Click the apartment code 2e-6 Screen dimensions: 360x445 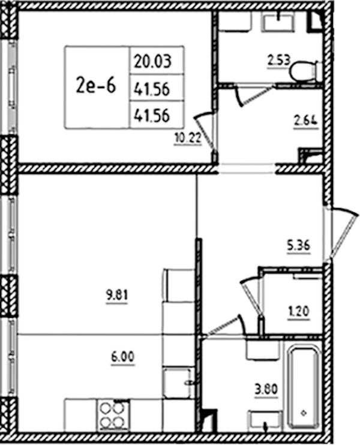[x=95, y=86]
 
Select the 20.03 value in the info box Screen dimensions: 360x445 [x=153, y=61]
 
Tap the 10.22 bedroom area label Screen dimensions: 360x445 [x=188, y=138]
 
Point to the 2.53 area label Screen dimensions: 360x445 [x=278, y=61]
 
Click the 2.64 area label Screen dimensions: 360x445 [x=306, y=121]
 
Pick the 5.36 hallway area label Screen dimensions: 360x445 [x=298, y=245]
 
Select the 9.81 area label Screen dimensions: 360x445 [x=117, y=296]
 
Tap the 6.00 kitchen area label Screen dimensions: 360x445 [x=122, y=357]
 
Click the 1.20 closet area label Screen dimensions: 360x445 [x=299, y=312]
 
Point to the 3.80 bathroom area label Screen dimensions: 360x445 [x=266, y=389]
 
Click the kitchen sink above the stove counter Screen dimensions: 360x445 [x=177, y=383]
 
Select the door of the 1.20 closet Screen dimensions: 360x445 [x=251, y=298]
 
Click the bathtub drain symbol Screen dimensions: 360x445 [x=304, y=413]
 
